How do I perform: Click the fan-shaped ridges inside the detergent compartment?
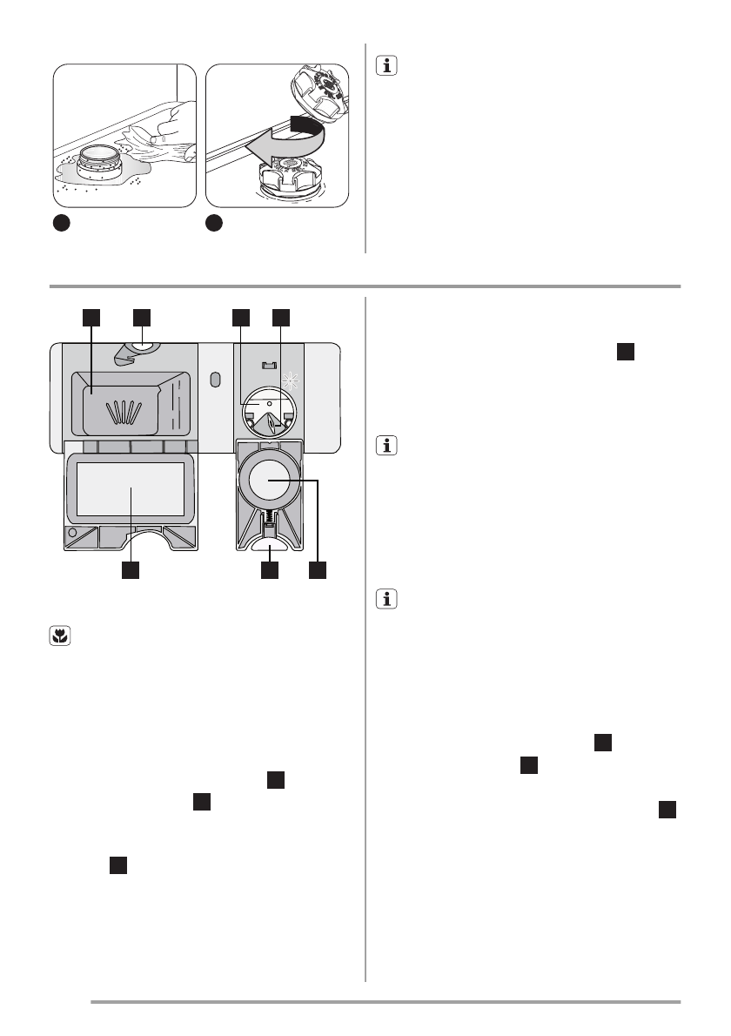click(124, 409)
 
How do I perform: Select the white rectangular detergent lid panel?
click(131, 491)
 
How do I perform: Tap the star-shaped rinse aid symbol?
click(293, 380)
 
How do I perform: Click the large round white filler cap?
click(270, 479)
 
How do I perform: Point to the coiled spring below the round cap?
click(271, 517)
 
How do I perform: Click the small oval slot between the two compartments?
click(214, 380)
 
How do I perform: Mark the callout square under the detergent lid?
click(131, 571)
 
